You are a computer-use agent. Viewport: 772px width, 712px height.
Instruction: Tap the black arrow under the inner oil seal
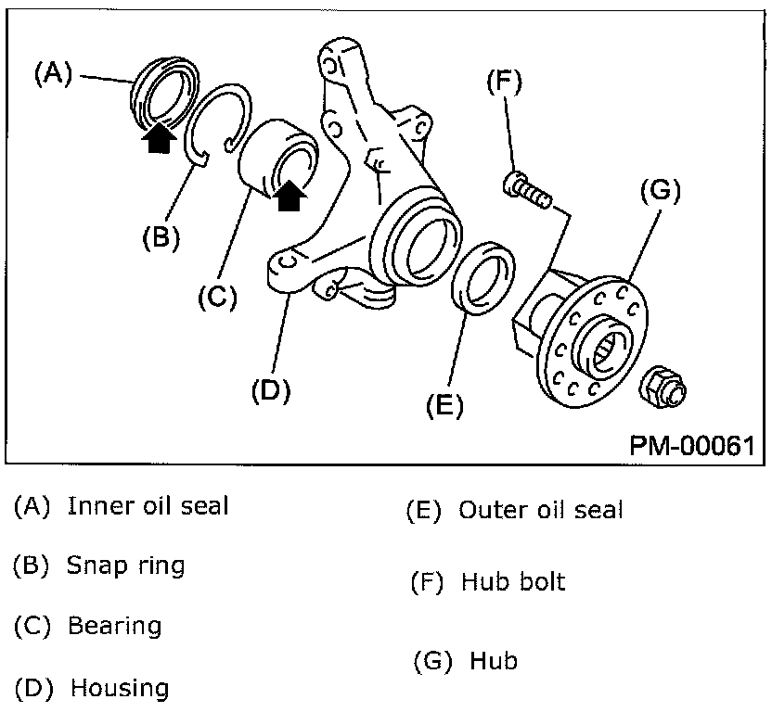coord(160,139)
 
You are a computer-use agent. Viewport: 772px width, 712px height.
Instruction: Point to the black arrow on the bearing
coord(290,196)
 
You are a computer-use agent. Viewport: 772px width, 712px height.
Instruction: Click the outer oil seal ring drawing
coord(484,275)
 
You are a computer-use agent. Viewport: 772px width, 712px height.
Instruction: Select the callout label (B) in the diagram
coord(161,238)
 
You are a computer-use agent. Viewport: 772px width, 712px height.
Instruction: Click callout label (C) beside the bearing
coord(217,298)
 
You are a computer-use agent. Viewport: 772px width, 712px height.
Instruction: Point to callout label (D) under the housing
coord(271,390)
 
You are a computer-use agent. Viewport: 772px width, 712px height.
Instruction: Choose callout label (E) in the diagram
coord(444,405)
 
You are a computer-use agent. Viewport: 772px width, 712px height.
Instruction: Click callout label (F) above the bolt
coord(505,82)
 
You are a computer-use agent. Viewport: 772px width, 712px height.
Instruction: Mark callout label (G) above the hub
coord(661,192)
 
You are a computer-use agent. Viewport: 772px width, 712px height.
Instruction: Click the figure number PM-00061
coord(691,445)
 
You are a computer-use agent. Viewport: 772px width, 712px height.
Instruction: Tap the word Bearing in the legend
coord(114,626)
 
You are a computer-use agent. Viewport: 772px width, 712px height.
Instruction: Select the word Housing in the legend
coord(120,689)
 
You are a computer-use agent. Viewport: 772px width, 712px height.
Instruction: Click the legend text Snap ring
coord(125,565)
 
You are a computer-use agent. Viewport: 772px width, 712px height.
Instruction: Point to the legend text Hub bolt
coord(512,582)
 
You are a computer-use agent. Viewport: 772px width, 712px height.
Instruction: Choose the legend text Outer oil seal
coord(541,510)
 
